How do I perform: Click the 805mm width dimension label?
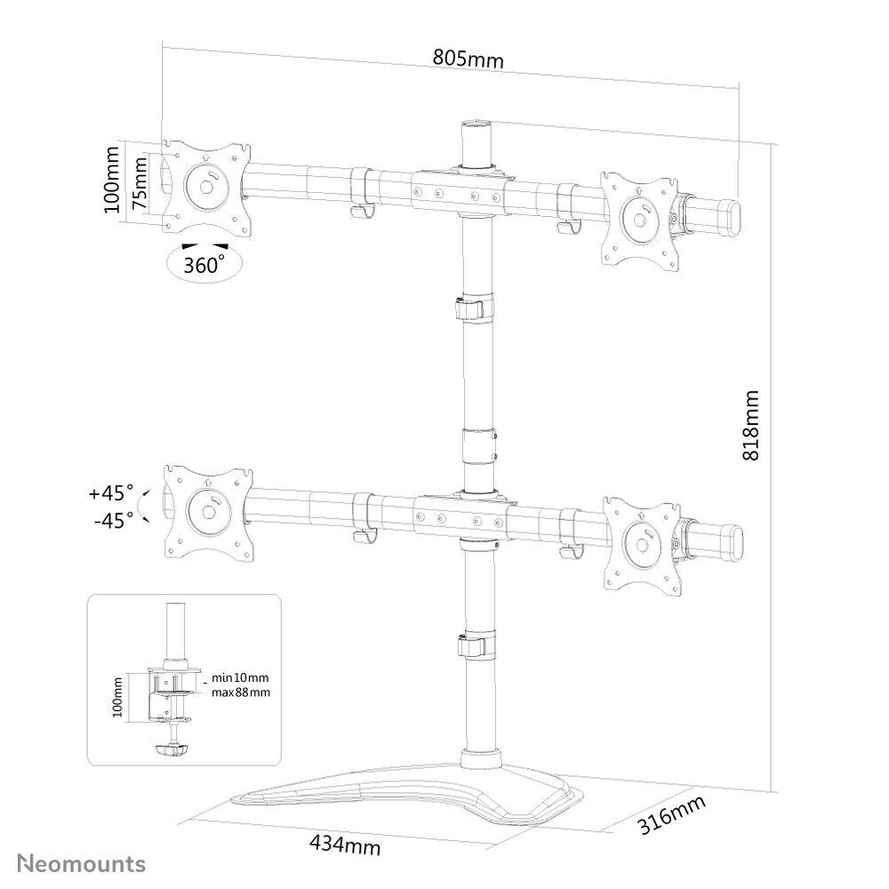point(468,59)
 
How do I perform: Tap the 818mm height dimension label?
point(750,425)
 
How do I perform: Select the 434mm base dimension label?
point(345,845)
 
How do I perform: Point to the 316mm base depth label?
point(672,814)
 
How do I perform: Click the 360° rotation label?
point(204,264)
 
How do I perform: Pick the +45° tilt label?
point(111,493)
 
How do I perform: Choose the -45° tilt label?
point(114,519)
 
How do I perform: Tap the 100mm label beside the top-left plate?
point(112,180)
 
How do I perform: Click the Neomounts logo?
point(82,864)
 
